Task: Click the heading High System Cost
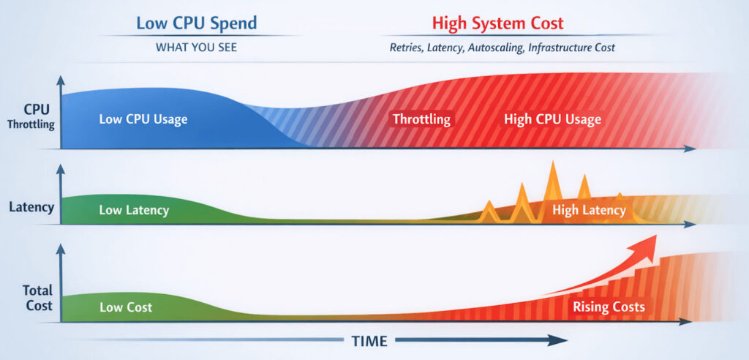click(x=497, y=23)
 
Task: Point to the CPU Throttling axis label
click(x=31, y=116)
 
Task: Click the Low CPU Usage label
click(x=143, y=119)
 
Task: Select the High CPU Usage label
click(x=552, y=119)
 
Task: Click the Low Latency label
click(x=134, y=211)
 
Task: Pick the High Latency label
click(x=589, y=211)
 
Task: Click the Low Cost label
click(x=126, y=307)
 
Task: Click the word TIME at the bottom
click(x=369, y=341)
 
